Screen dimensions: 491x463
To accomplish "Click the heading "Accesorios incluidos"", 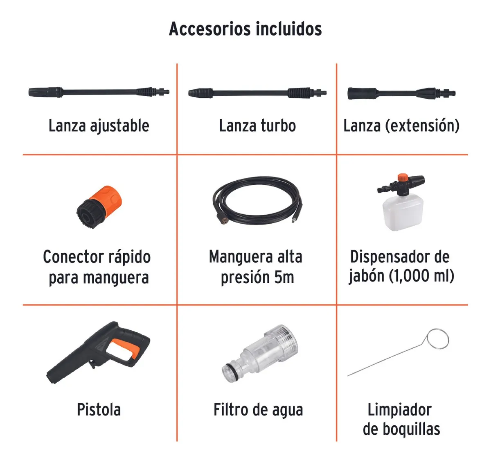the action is coord(245,29).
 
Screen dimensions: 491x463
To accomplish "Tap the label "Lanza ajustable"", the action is coord(99,126).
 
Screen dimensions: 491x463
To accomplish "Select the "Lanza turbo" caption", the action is coord(257,126).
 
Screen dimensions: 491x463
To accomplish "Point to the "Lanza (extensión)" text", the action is coord(401,126).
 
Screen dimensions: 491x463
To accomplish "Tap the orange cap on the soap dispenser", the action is coord(403,178).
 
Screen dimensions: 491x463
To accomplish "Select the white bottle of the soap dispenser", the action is coord(403,212).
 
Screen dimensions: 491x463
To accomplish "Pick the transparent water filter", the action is coord(259,354).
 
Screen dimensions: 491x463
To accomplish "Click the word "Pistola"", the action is coord(99,410).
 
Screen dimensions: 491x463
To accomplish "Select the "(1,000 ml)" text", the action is coord(421,276).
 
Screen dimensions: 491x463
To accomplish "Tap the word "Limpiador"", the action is coord(399,410).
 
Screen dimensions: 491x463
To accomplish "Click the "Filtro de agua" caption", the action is coord(258,410).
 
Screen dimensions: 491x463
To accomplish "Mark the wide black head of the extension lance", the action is coord(362,93).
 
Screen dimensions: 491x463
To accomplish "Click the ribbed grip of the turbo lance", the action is coord(299,93).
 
